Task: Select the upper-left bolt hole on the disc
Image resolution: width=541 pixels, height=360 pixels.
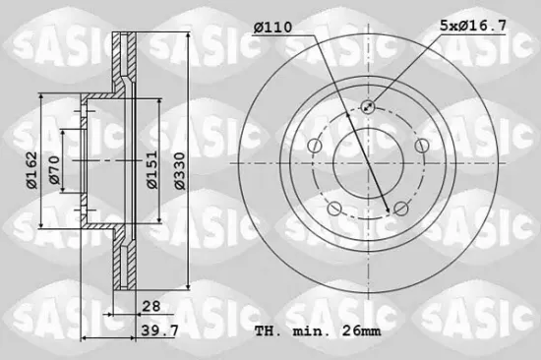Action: pos(314,146)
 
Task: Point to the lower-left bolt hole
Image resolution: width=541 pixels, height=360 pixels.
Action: pos(333,208)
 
